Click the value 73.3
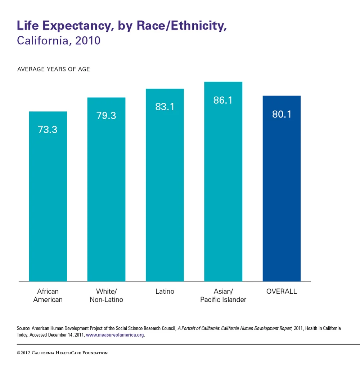[48, 130]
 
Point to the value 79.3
[106, 116]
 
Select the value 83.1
[165, 107]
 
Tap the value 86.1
[223, 100]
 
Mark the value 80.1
[282, 114]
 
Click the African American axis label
[48, 296]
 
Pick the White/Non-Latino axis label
[106, 296]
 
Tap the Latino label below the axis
[165, 292]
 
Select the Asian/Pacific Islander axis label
[223, 296]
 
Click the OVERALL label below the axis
[282, 292]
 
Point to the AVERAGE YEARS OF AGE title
[54, 69]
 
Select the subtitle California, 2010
[59, 41]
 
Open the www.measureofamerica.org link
[115, 335]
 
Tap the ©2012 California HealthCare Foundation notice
[62, 353]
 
